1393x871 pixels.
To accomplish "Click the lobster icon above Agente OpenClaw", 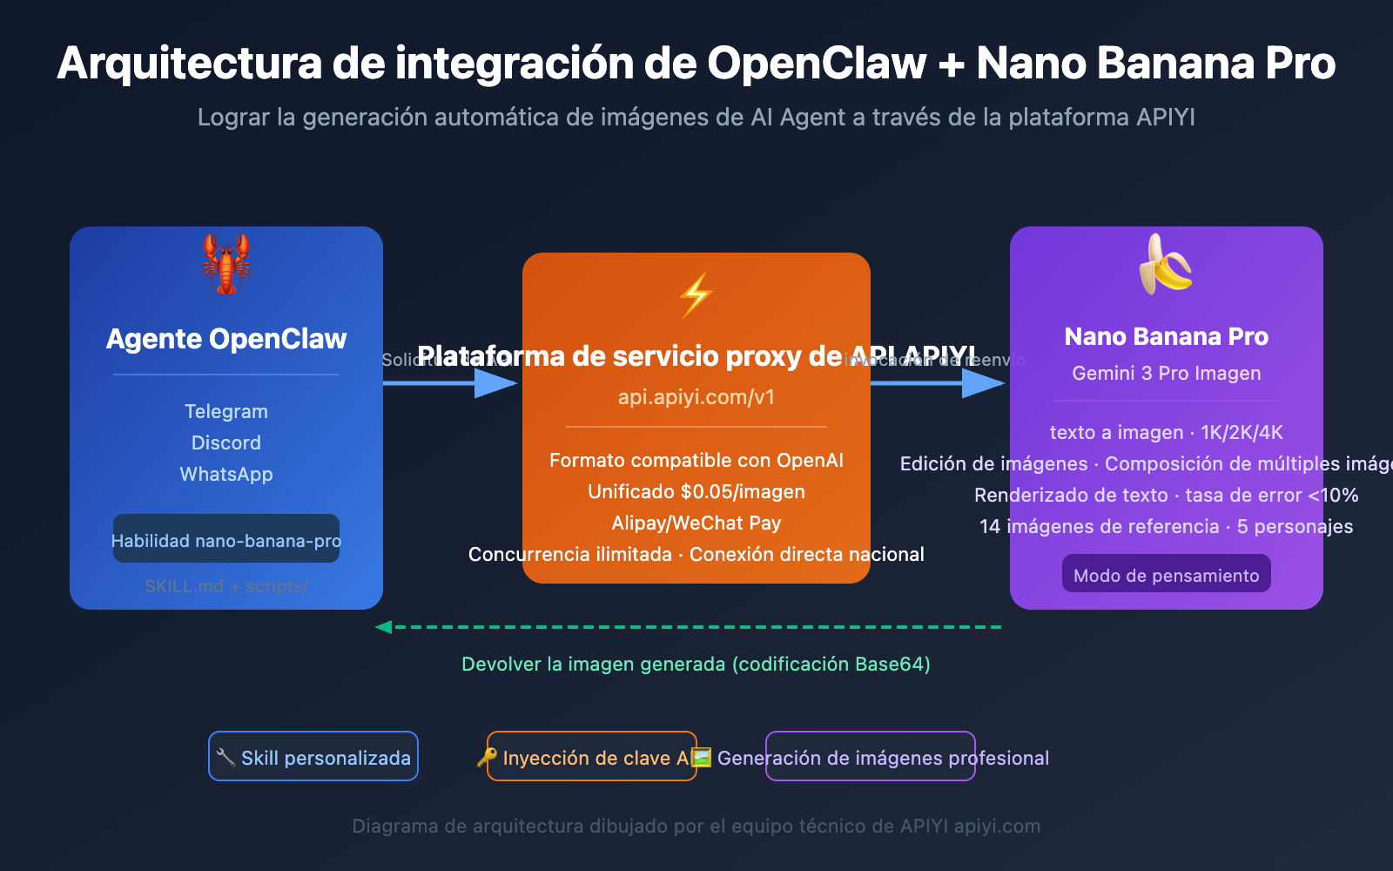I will (226, 263).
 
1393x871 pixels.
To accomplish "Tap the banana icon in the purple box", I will (1166, 265).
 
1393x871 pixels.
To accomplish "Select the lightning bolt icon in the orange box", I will (696, 295).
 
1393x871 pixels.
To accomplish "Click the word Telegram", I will (226, 411).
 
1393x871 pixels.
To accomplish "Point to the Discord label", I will (226, 442).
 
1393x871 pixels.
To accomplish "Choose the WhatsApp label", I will (226, 474).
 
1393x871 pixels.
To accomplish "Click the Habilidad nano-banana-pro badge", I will (226, 540).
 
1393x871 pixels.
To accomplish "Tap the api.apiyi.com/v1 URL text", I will (696, 397).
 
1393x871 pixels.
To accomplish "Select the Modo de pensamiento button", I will (1166, 575).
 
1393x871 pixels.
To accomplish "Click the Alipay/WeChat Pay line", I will (696, 523).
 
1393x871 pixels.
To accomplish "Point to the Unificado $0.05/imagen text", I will (696, 491).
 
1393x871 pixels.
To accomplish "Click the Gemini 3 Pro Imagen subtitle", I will (1166, 373).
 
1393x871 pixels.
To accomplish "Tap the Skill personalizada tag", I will (313, 757).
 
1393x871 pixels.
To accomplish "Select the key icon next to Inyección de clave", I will (488, 757).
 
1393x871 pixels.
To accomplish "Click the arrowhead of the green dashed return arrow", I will (383, 627).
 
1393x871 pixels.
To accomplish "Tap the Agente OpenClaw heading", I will (226, 339).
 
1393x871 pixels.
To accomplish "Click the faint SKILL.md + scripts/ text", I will (226, 586).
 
